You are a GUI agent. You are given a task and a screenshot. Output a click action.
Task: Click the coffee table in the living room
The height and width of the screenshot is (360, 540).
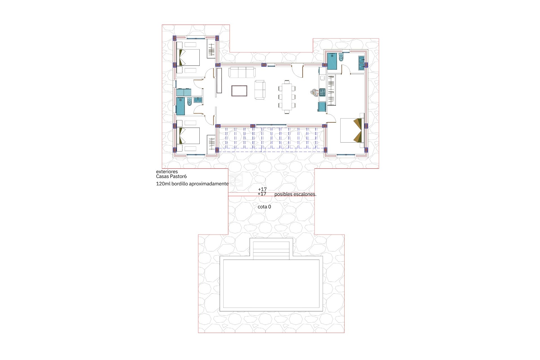[239, 91]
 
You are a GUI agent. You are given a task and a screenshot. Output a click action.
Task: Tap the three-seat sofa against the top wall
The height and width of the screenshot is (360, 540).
[242, 72]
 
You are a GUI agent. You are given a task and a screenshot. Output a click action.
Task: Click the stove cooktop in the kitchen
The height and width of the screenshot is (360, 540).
[322, 92]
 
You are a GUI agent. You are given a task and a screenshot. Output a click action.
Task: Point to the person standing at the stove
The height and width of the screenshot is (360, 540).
[314, 92]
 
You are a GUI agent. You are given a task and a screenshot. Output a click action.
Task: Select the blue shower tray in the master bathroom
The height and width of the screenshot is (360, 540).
[332, 61]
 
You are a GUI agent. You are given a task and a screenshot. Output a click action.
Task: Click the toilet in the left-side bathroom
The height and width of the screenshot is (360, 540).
[189, 101]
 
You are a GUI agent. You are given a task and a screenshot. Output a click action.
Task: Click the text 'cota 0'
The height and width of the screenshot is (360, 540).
[264, 207]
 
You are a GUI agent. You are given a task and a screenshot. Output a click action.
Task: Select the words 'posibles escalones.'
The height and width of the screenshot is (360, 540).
[295, 194]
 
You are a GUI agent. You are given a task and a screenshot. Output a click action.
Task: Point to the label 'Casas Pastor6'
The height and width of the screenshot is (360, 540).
[171, 177]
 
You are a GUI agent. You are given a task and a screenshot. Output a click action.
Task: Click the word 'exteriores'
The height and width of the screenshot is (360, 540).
[167, 172]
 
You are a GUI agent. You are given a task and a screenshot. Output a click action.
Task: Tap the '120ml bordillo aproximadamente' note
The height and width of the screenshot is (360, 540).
[192, 184]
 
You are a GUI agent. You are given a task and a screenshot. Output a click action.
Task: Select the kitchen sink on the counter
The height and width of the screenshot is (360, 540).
[323, 78]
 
